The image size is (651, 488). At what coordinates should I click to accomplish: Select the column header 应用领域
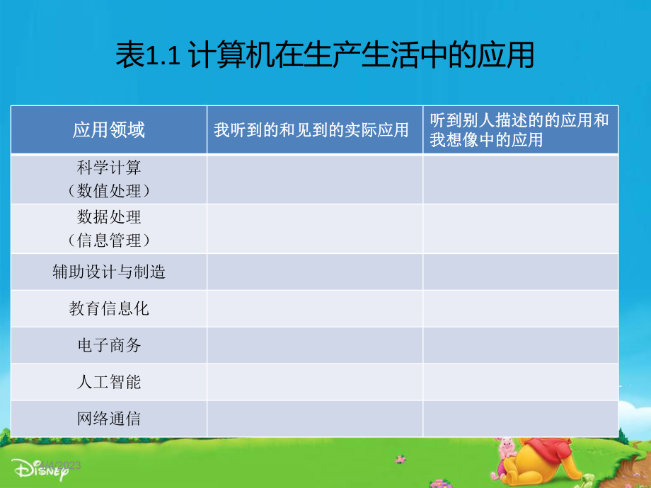pos(109,130)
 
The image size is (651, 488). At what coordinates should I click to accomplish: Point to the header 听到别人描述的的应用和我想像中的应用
pos(519,130)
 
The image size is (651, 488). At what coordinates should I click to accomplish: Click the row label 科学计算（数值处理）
pos(109,179)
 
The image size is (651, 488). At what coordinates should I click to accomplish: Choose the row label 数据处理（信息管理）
pos(109,228)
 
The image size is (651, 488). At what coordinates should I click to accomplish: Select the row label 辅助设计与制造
pos(109,272)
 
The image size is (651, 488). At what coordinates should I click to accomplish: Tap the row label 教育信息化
pos(109,308)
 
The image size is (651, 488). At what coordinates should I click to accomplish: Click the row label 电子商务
pos(109,345)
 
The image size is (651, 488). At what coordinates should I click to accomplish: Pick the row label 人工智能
pos(109,382)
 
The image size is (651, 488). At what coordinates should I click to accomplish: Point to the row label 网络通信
pos(109,419)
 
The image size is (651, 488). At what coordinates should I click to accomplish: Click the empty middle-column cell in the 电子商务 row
pos(315,345)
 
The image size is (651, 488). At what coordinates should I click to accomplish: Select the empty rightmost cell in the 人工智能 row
pos(520,382)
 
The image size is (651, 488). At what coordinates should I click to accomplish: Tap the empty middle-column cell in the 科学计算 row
pos(315,179)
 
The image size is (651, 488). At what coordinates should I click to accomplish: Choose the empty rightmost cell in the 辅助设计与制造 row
pos(520,272)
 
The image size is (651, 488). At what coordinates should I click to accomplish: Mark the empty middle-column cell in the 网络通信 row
pos(315,419)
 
